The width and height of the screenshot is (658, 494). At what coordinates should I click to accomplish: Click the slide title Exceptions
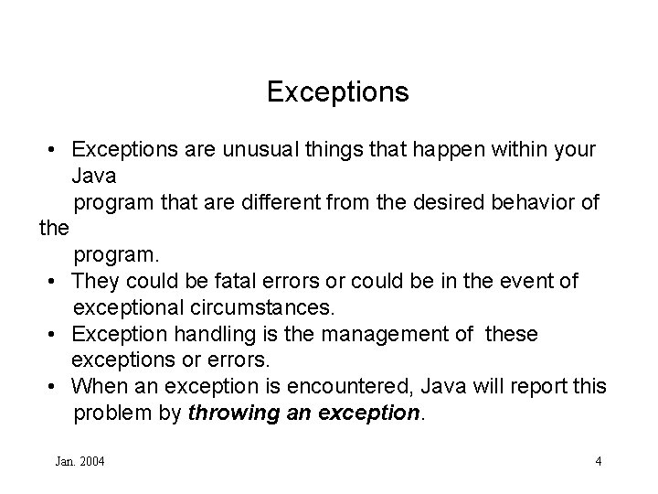(337, 92)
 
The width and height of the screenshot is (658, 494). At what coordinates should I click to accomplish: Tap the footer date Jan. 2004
(80, 461)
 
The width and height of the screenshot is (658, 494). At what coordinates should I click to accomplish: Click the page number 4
(598, 461)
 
